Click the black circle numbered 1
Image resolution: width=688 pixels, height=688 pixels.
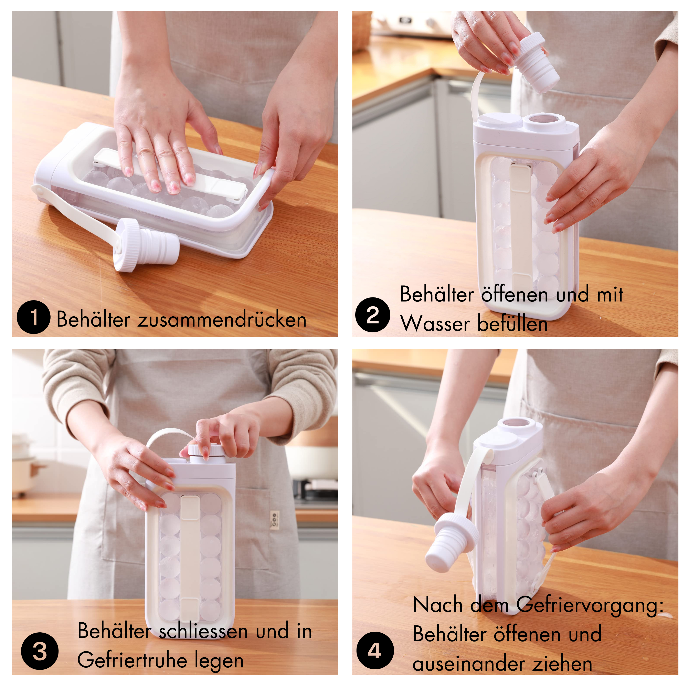coord(33,317)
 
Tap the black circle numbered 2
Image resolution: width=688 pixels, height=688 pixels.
coord(373,315)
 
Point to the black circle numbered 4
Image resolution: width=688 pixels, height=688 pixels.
coord(375,650)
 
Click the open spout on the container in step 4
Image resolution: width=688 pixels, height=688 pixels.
coord(521,427)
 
